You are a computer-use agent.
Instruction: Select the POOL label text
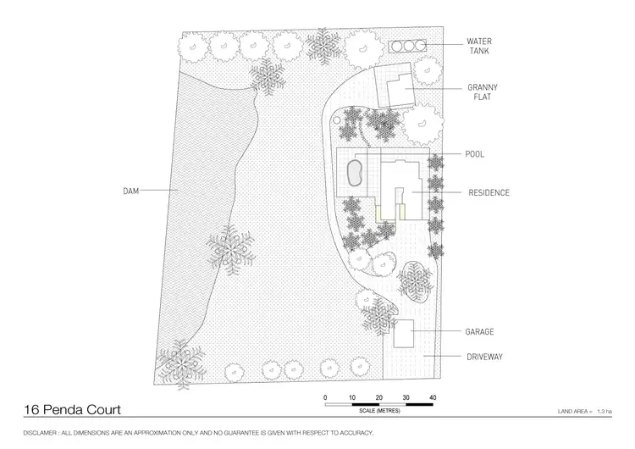point(474,154)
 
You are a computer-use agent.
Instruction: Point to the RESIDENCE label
point(489,193)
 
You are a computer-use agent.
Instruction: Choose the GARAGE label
point(479,331)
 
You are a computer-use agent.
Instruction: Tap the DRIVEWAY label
point(484,358)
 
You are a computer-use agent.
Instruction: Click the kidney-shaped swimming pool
point(355,172)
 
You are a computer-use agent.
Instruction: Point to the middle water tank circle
point(407,45)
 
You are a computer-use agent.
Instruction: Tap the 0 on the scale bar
point(325,397)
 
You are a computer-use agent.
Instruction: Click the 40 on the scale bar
point(433,397)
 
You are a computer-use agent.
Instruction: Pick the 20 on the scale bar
point(378,397)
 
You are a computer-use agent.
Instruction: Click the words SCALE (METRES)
point(379,411)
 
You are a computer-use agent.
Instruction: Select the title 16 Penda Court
point(72,411)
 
